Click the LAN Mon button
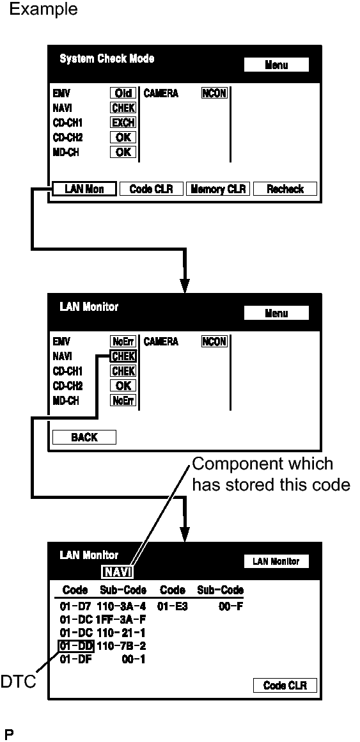pyautogui.click(x=84, y=189)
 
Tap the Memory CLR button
pyautogui.click(x=218, y=189)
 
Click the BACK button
pyautogui.click(x=84, y=438)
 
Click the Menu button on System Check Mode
pyautogui.click(x=276, y=65)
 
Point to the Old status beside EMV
pyautogui.click(x=123, y=93)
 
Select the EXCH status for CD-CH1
pyautogui.click(x=123, y=123)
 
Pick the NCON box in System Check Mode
pyautogui.click(x=214, y=93)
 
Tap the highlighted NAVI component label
pyautogui.click(x=117, y=572)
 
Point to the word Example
pyautogui.click(x=43, y=8)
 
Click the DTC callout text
pyautogui.click(x=18, y=682)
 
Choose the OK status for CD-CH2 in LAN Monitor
pyautogui.click(x=123, y=386)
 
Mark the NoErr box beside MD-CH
pyautogui.click(x=123, y=400)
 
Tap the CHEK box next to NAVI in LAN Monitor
pyautogui.click(x=123, y=356)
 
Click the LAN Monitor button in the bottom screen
pyautogui.click(x=276, y=561)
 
